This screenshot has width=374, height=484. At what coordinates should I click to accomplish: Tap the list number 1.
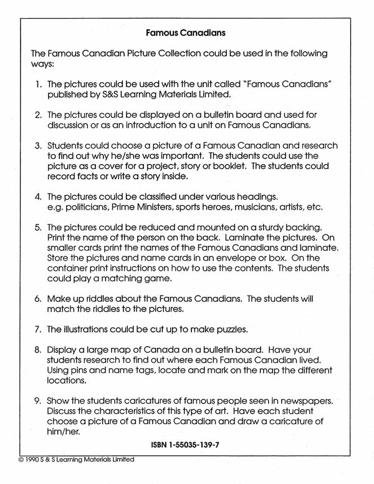point(37,83)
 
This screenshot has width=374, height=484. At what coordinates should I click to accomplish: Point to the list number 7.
point(37,329)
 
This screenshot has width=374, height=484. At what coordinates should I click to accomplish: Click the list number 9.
point(37,400)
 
